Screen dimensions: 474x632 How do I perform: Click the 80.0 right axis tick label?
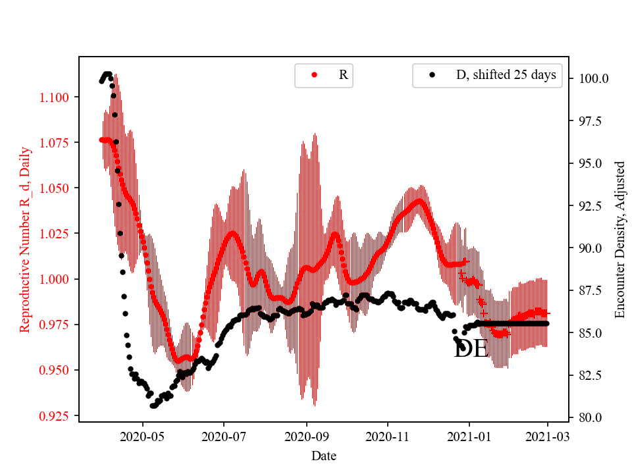pyautogui.click(x=589, y=417)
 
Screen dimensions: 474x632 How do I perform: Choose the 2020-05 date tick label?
pyautogui.click(x=142, y=436)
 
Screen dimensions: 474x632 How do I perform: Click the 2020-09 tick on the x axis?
pyautogui.click(x=306, y=436)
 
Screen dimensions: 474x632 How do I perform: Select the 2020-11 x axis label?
pyautogui.click(x=388, y=436)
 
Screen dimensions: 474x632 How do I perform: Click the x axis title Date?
pyautogui.click(x=323, y=455)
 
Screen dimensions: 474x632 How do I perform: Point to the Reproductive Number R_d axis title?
pyautogui.click(x=25, y=240)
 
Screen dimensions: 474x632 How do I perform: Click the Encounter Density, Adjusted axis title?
pyautogui.click(x=619, y=240)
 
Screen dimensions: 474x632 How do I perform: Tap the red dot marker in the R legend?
pyautogui.click(x=314, y=75)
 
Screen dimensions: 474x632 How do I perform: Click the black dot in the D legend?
pyautogui.click(x=432, y=75)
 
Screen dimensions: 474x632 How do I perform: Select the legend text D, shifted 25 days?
pyautogui.click(x=506, y=75)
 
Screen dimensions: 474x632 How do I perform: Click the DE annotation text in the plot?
pyautogui.click(x=471, y=350)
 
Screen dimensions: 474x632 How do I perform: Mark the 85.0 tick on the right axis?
pyautogui.click(x=589, y=333)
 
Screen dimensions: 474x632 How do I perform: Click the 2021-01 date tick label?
pyautogui.click(x=469, y=436)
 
